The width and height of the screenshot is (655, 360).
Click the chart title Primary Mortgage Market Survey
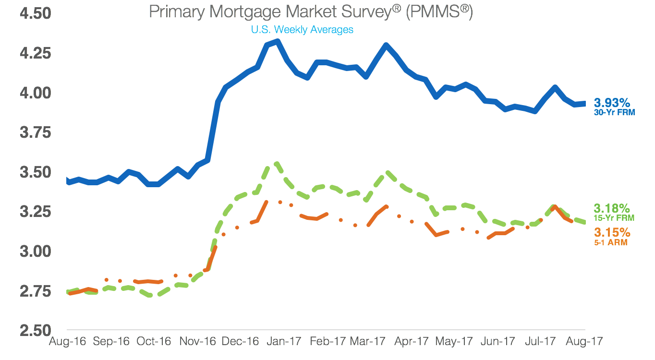pyautogui.click(x=311, y=12)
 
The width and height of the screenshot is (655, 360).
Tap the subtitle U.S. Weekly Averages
pyautogui.click(x=302, y=30)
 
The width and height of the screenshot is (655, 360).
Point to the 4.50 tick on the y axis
pyautogui.click(x=35, y=13)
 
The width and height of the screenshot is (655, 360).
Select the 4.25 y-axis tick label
pyautogui.click(x=35, y=53)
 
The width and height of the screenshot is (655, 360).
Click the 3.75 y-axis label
pyautogui.click(x=35, y=132)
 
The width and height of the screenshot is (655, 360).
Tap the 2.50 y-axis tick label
pyautogui.click(x=35, y=331)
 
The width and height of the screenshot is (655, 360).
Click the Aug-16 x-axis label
pyautogui.click(x=68, y=342)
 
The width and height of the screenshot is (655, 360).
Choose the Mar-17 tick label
pyautogui.click(x=367, y=342)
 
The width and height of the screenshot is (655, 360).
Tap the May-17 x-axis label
pyautogui.click(x=454, y=342)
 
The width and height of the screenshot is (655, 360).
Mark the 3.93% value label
pyautogui.click(x=612, y=103)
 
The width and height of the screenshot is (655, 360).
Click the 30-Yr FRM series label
pyautogui.click(x=614, y=113)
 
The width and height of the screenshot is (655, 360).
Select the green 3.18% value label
pyautogui.click(x=612, y=208)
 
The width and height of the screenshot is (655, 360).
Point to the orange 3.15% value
pyautogui.click(x=612, y=233)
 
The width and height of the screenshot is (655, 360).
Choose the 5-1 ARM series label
pyautogui.click(x=611, y=242)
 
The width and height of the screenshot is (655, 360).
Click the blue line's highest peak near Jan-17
pyautogui.click(x=277, y=42)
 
